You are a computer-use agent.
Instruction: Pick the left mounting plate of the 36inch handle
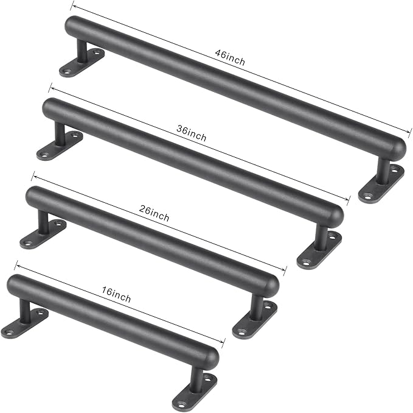click(60, 145)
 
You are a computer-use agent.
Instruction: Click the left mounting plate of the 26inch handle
click(43, 232)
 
